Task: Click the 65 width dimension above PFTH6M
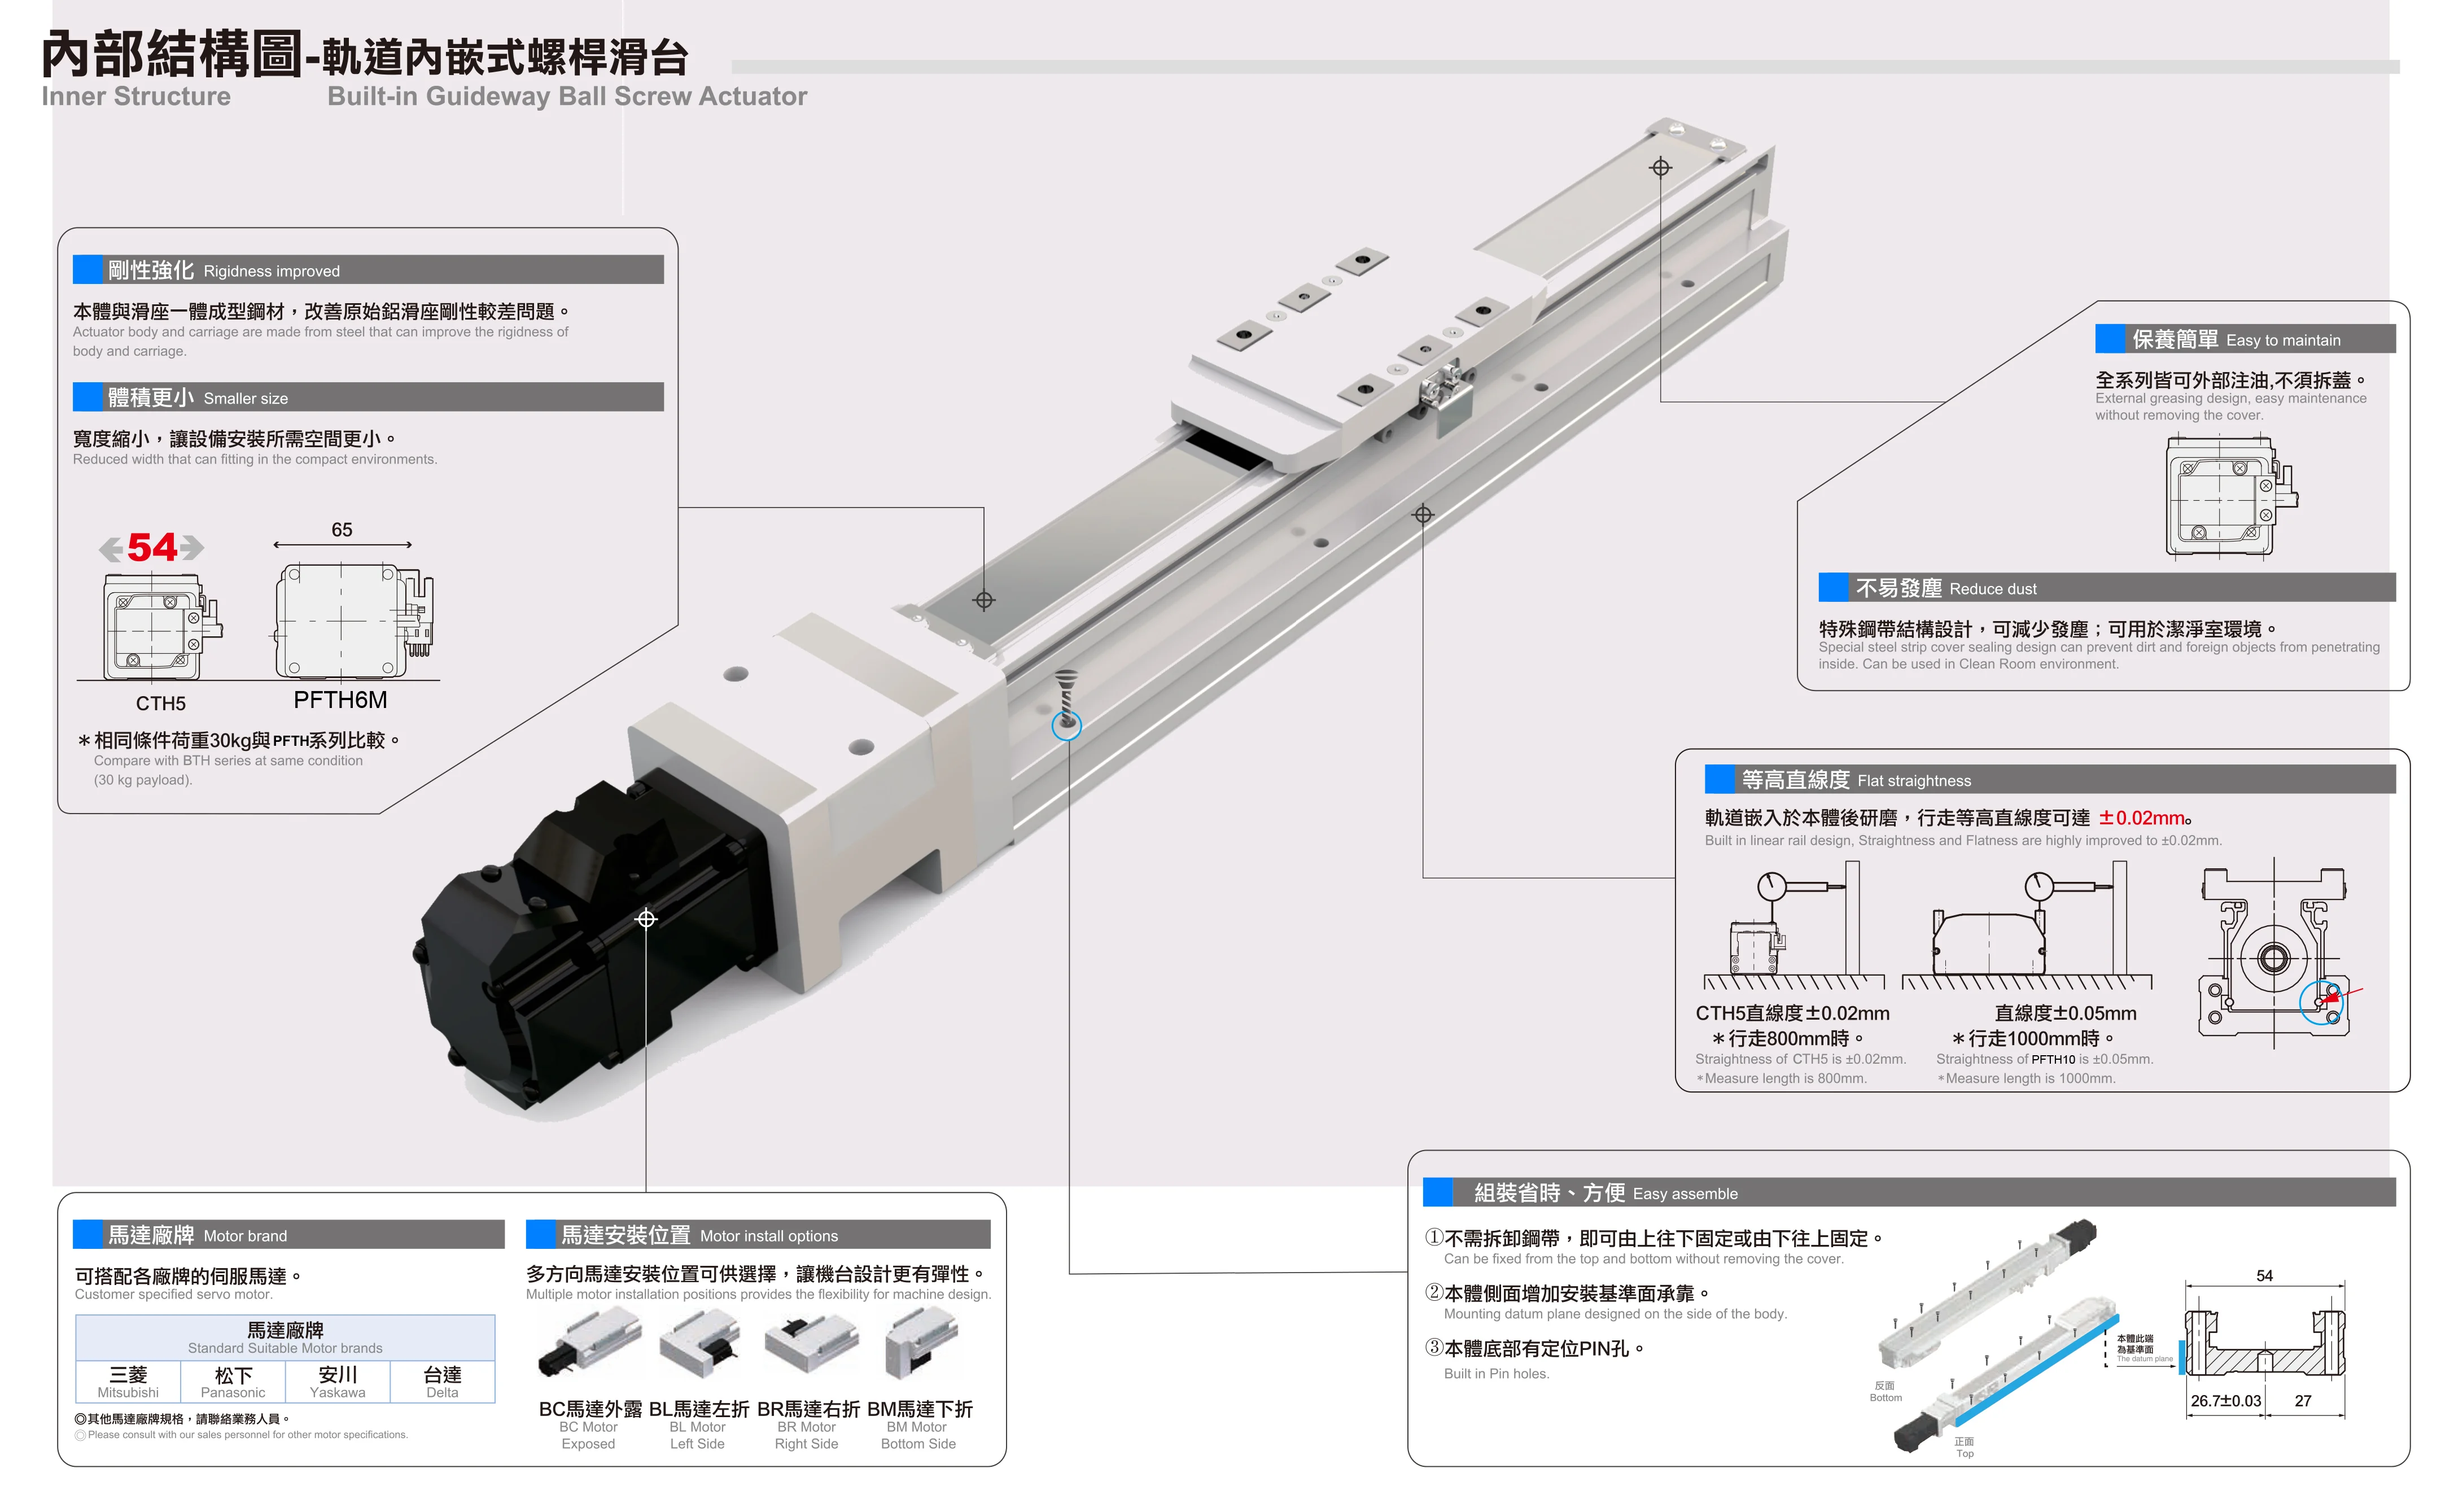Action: pyautogui.click(x=342, y=530)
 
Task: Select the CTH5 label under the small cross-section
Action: pyautogui.click(x=160, y=703)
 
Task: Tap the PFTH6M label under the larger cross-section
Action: pyautogui.click(x=340, y=701)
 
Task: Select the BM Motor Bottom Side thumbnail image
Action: pyautogui.click(x=921, y=1343)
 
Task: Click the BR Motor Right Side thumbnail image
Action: pyautogui.click(x=810, y=1343)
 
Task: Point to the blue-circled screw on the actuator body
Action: pyautogui.click(x=1066, y=724)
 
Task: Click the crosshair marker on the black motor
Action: pyautogui.click(x=646, y=919)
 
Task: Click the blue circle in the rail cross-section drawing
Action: pyautogui.click(x=2321, y=1002)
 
